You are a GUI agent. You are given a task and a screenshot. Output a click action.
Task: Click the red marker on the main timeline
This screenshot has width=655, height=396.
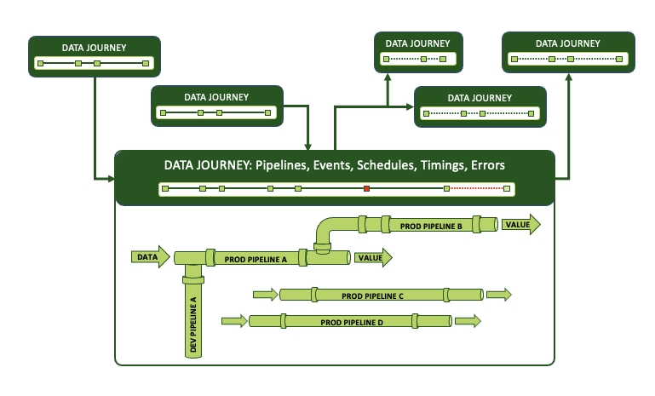[x=366, y=188]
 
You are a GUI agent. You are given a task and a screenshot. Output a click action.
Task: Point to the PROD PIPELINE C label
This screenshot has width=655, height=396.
[x=372, y=296]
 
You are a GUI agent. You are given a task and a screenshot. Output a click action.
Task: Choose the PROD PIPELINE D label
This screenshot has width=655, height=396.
[x=352, y=323]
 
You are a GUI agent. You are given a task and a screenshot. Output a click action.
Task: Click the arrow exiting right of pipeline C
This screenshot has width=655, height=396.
[x=498, y=295]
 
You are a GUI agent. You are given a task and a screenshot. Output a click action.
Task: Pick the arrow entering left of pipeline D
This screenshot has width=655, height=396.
[x=234, y=321]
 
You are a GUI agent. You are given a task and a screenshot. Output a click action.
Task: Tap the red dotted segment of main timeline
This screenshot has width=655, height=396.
[x=477, y=188]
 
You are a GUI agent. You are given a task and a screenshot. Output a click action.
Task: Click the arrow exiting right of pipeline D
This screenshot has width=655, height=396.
[x=468, y=321]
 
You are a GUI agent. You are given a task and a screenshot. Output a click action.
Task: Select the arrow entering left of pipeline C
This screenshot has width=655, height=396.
[x=266, y=295]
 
